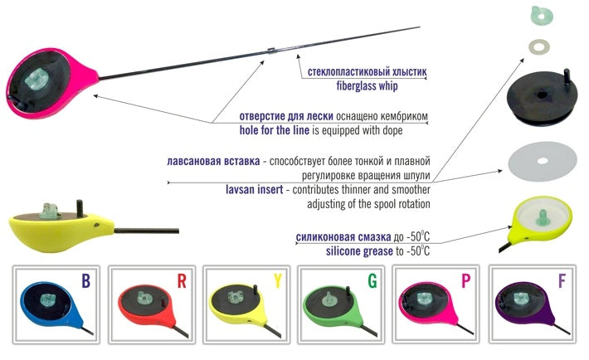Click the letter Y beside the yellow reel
pyautogui.click(x=276, y=282)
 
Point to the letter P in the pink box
pyautogui.click(x=466, y=282)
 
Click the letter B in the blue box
pyautogui.click(x=86, y=282)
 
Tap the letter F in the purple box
pyautogui.click(x=562, y=282)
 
